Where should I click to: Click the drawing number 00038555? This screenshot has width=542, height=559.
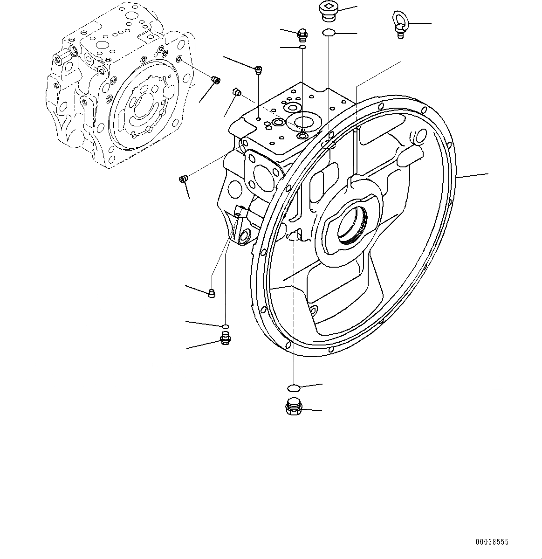[492, 542]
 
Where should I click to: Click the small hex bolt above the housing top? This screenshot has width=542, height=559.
[302, 34]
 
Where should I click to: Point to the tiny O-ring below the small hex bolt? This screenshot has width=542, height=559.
[302, 47]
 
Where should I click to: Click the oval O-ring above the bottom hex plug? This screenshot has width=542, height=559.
[294, 387]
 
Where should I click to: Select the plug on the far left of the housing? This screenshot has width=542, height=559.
[183, 179]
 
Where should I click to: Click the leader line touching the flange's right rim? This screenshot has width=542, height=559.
[473, 176]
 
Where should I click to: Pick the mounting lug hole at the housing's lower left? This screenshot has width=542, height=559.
[243, 237]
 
